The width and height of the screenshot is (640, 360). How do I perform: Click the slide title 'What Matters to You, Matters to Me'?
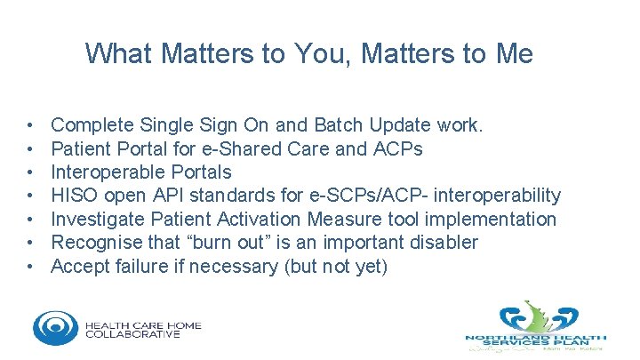[309, 54]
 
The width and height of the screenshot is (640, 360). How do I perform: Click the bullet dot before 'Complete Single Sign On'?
[31, 125]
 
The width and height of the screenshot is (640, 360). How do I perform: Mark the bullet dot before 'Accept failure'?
[31, 266]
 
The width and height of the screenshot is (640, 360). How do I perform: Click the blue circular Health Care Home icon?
[55, 326]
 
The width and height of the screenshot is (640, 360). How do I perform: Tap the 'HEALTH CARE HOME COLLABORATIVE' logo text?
[143, 330]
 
